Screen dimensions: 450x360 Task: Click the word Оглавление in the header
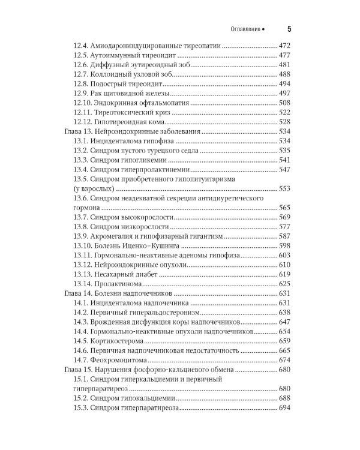coord(246,29)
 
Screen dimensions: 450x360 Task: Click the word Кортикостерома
coord(119,341)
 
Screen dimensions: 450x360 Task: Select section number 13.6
coord(81,198)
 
